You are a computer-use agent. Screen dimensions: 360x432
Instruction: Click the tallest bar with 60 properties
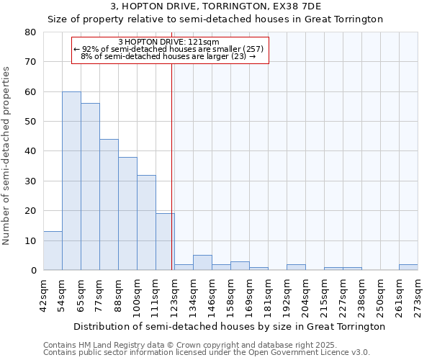tap(71, 181)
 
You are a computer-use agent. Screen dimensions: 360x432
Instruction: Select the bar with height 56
tap(90, 186)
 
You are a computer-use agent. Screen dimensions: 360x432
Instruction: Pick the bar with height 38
tap(127, 213)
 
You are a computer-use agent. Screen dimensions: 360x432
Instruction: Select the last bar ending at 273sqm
tap(408, 267)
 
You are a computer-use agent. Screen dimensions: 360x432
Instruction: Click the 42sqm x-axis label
tap(44, 293)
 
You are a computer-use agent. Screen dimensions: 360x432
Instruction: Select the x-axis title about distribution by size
tap(230, 326)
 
